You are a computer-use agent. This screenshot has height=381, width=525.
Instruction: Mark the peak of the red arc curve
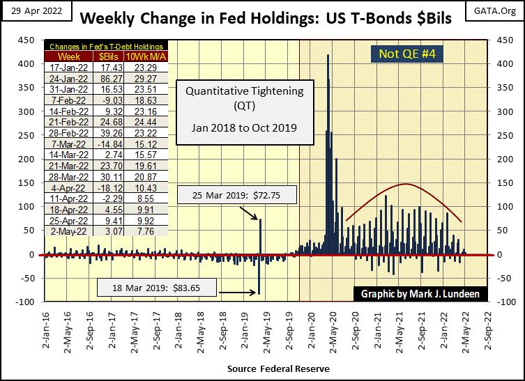[x=406, y=184]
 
